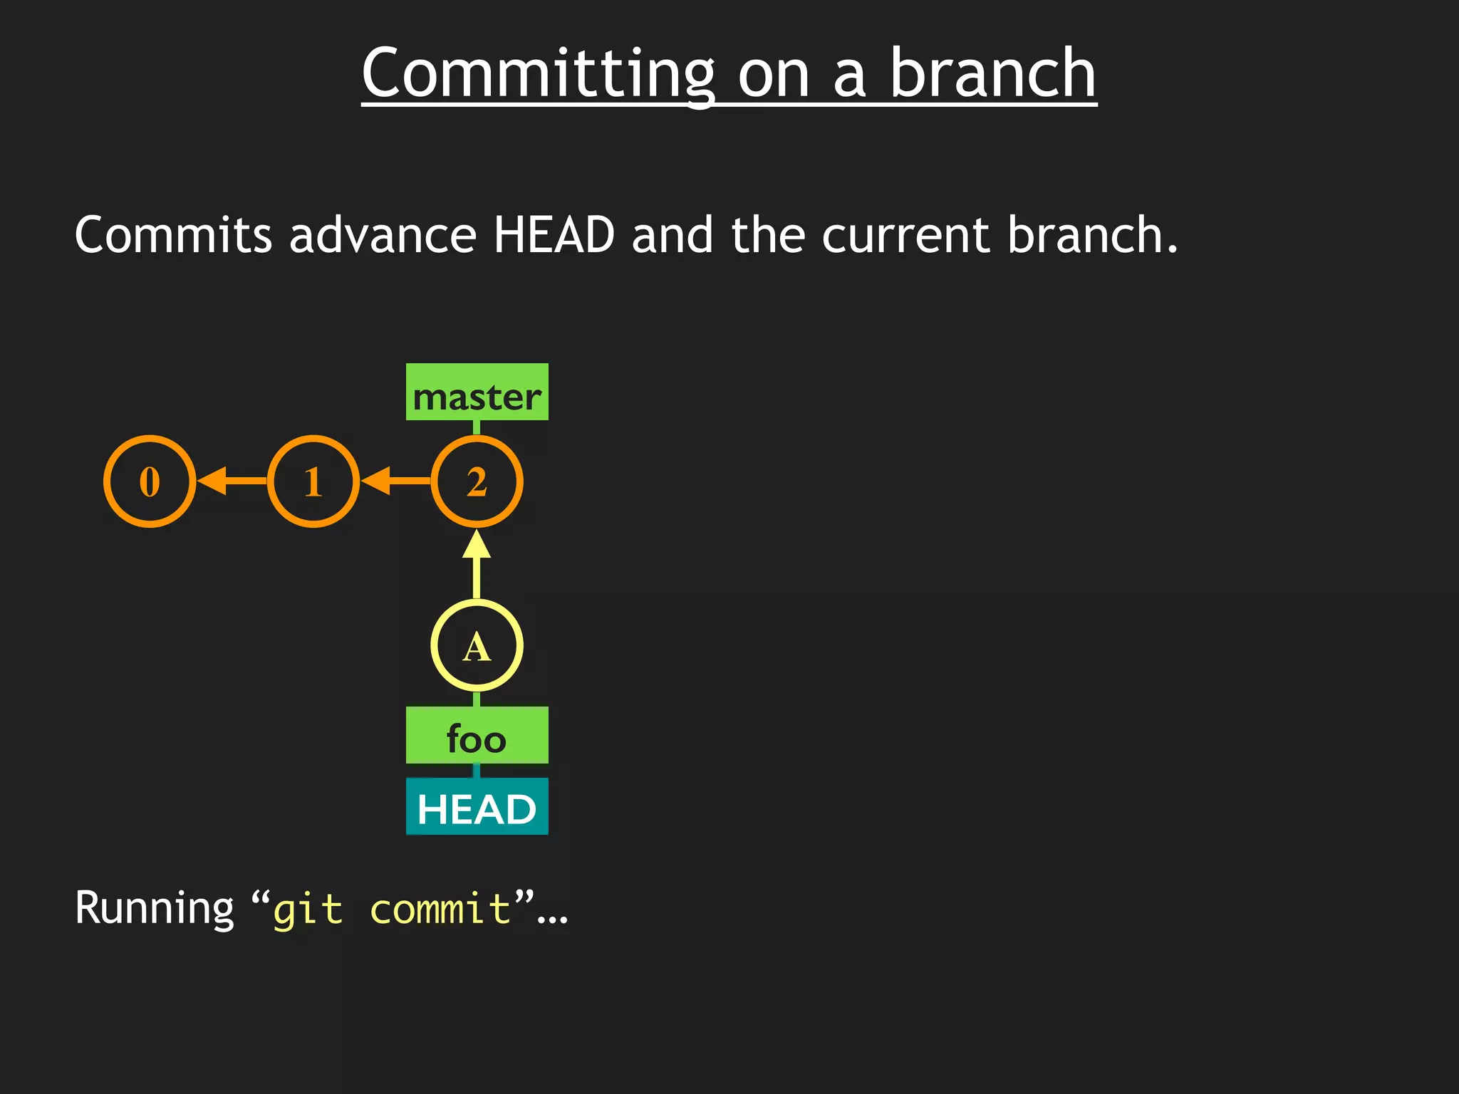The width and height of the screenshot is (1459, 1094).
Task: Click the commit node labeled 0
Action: [x=150, y=481]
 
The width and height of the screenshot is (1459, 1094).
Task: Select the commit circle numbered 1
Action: [x=313, y=481]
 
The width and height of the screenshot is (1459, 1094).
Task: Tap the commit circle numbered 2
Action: [x=477, y=481]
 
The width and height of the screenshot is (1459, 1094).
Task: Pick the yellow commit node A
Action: [x=477, y=646]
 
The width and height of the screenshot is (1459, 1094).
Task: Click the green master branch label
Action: [x=477, y=392]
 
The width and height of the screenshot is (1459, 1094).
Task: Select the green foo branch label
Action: [x=477, y=736]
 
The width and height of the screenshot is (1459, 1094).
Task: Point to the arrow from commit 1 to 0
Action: [x=231, y=481]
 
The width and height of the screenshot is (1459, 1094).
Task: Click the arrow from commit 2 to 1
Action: [x=395, y=481]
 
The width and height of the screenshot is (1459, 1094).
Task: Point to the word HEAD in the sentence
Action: [x=554, y=235]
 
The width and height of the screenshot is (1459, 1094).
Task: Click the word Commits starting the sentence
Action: [x=173, y=235]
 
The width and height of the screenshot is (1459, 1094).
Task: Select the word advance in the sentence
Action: [x=383, y=235]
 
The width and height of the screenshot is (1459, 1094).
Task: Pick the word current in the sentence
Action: [x=905, y=235]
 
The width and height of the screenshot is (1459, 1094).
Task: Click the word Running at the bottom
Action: [x=154, y=909]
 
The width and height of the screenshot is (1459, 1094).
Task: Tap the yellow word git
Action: [x=308, y=910]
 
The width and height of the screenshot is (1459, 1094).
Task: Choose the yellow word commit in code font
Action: [x=440, y=910]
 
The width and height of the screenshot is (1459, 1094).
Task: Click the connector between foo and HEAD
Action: [x=477, y=771]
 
